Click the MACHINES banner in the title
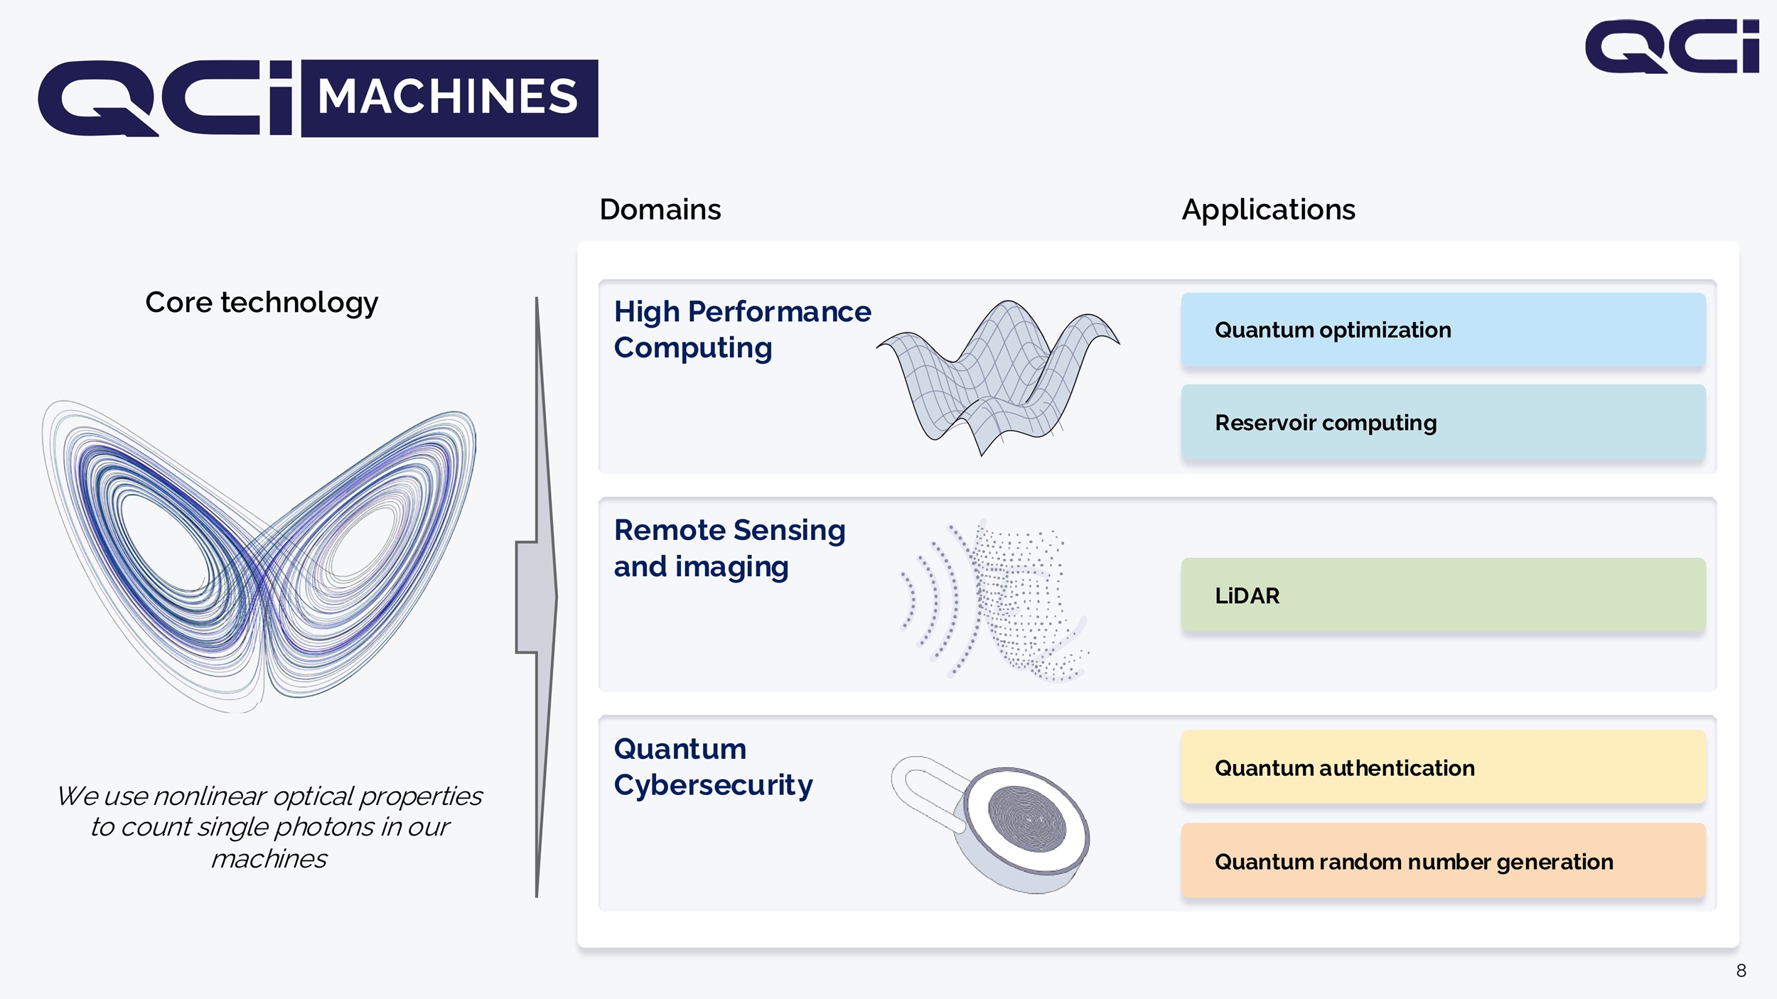pos(449,98)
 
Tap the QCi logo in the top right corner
pos(1672,46)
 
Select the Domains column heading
pos(660,210)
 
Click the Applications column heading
pos(1268,210)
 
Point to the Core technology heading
pos(262,303)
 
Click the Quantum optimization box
pos(1443,330)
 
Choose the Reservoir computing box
pos(1443,423)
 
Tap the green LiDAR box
pos(1443,595)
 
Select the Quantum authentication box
pos(1443,767)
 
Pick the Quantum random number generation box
pos(1443,860)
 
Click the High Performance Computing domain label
pos(742,330)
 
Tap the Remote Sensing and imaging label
pos(729,549)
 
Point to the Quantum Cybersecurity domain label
pos(713,767)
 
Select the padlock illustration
pos(991,824)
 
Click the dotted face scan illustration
pos(995,600)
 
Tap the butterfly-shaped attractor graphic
pos(259,556)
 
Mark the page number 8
pos(1741,971)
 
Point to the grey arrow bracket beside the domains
pos(537,597)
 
